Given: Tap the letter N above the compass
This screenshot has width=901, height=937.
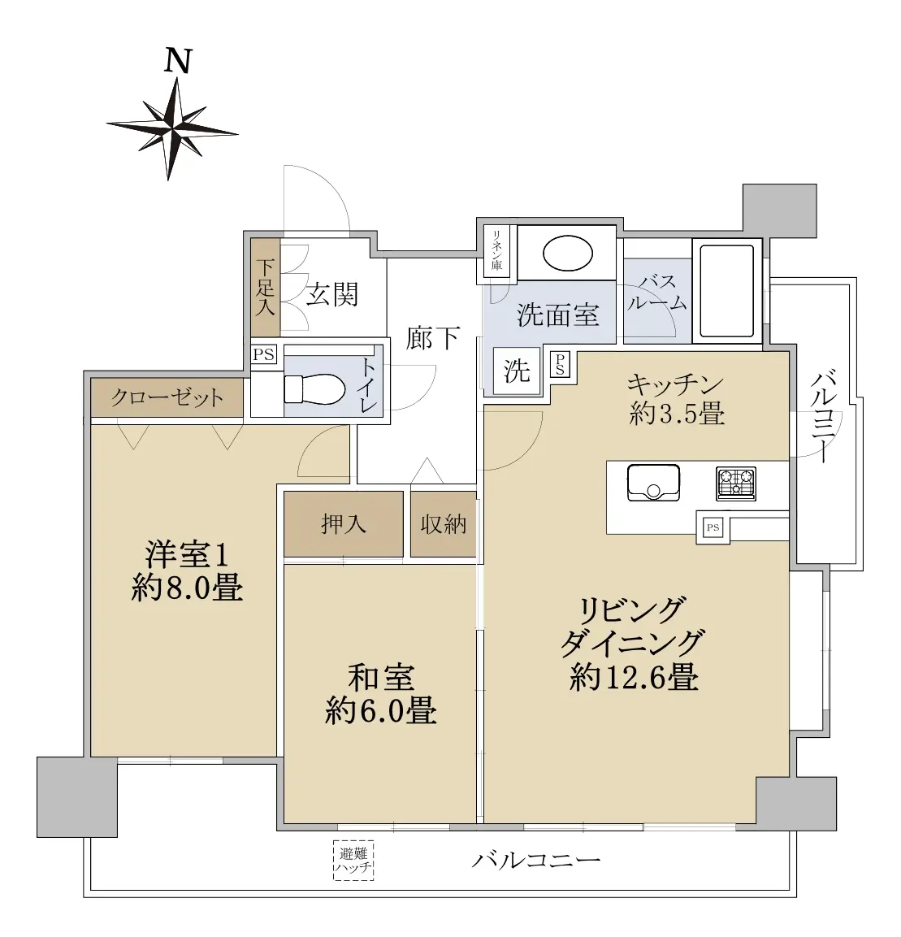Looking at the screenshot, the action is click(178, 61).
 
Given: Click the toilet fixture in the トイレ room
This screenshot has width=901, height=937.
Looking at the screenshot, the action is click(315, 389).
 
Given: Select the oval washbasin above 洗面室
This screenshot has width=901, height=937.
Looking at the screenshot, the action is click(567, 254).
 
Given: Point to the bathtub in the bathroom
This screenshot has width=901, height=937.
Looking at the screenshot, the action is click(727, 290).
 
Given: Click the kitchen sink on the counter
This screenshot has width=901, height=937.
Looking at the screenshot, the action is click(654, 483).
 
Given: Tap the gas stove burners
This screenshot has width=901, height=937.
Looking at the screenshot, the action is click(736, 484).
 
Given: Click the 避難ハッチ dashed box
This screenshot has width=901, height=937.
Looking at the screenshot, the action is click(353, 861).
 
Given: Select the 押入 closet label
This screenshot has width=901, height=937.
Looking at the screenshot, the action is click(343, 524).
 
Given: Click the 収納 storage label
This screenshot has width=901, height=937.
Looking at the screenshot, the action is click(444, 524).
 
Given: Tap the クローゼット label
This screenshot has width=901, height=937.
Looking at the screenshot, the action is click(167, 397).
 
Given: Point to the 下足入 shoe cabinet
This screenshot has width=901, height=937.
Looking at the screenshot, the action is click(266, 288).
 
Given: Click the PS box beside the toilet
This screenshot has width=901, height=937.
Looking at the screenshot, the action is click(263, 354).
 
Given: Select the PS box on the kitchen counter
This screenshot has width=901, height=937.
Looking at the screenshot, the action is click(713, 527).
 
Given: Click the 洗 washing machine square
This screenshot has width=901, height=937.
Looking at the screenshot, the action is click(517, 371).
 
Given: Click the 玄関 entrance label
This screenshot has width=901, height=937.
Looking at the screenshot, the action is click(332, 295).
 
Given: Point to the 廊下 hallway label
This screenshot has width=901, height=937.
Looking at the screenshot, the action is click(432, 338).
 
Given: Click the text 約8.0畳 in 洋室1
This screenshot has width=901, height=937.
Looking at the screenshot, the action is click(187, 588).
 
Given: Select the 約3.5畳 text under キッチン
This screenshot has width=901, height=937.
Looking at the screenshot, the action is click(677, 413).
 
